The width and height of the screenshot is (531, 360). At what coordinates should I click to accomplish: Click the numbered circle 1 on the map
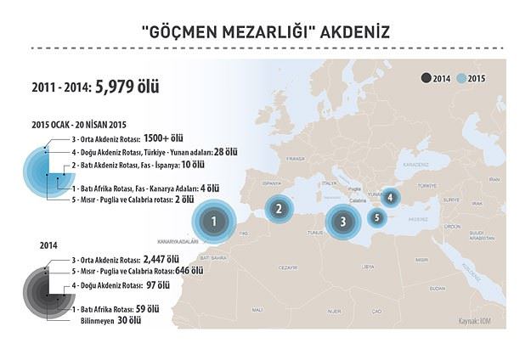pyautogui.click(x=215, y=222)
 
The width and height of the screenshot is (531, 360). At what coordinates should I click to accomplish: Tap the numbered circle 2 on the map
pyautogui.click(x=278, y=207)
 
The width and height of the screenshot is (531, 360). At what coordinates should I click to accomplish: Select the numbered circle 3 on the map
pyautogui.click(x=342, y=222)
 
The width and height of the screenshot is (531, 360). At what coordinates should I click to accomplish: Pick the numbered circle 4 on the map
pyautogui.click(x=390, y=197)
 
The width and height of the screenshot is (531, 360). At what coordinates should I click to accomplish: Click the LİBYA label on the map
pyautogui.click(x=368, y=266)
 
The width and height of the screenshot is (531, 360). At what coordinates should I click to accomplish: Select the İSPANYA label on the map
pyautogui.click(x=273, y=182)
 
